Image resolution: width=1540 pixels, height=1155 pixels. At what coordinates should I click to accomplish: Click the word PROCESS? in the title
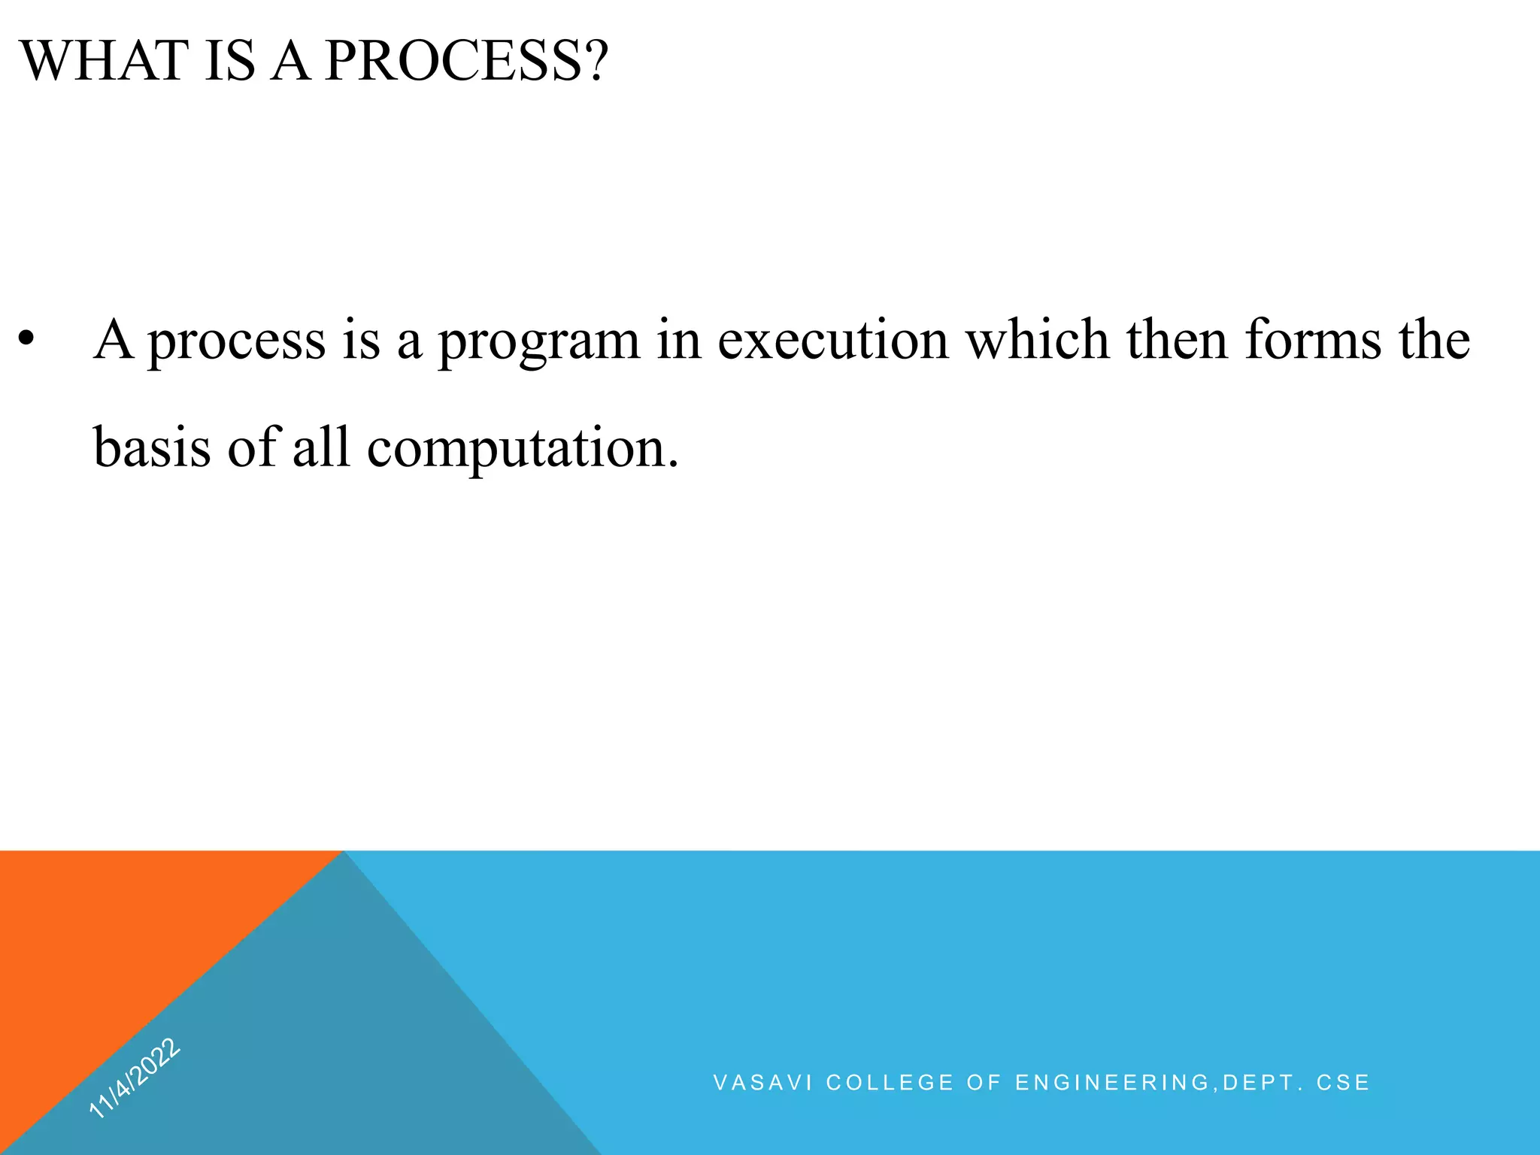tap(465, 61)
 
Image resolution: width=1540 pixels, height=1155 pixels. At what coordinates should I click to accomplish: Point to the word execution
tap(832, 340)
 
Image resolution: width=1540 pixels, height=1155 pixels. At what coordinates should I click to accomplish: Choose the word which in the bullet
tap(1037, 340)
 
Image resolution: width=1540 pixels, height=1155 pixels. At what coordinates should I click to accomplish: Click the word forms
tap(1313, 340)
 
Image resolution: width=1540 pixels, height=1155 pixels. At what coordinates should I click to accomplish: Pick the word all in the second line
tap(321, 447)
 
